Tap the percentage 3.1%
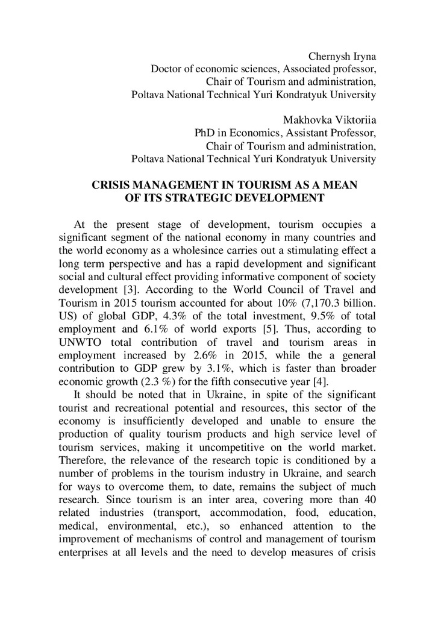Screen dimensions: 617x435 click(187, 368)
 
